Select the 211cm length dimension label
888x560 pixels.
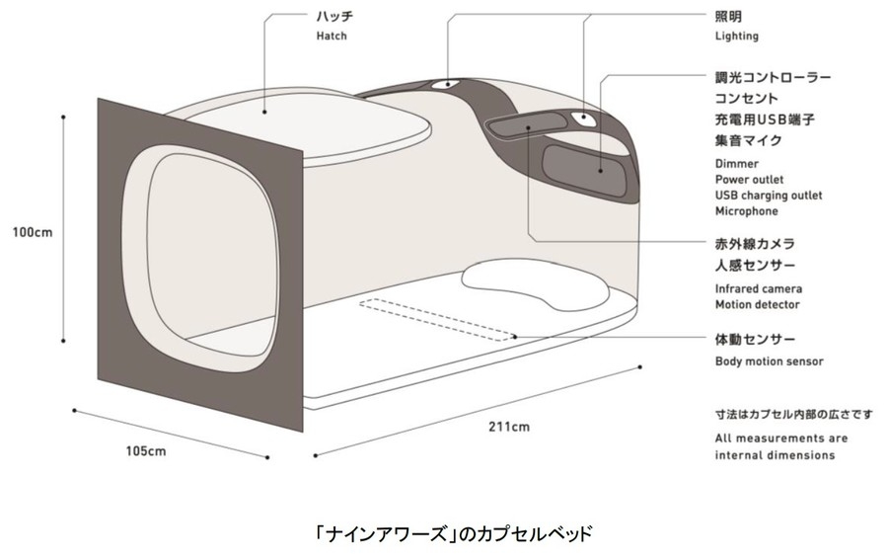point(509,427)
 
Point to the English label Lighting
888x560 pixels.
point(736,37)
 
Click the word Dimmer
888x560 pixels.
point(736,164)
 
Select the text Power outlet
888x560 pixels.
point(749,180)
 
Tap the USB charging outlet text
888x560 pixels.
point(768,196)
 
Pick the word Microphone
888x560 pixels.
point(746,211)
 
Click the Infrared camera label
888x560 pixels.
point(758,288)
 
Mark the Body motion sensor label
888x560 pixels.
point(769,361)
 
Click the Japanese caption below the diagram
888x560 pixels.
point(444,534)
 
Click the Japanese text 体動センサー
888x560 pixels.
point(755,341)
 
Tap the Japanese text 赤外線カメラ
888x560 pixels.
point(755,243)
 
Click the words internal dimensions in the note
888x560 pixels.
point(775,455)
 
